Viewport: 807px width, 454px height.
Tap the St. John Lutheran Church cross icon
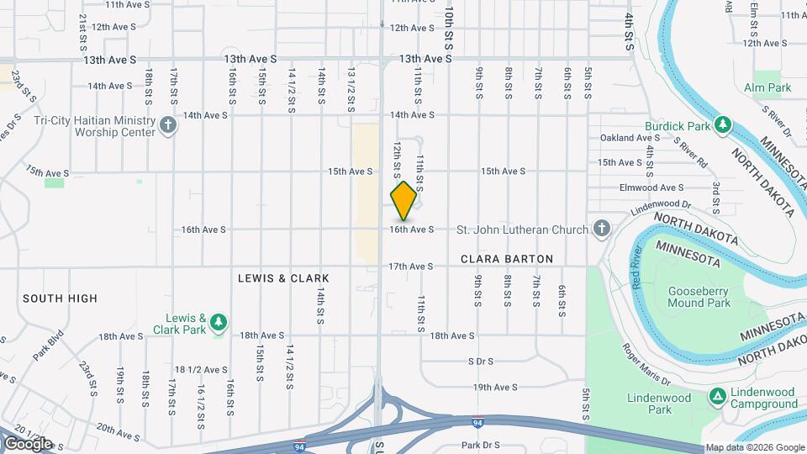point(601,229)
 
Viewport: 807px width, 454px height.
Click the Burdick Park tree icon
point(722,126)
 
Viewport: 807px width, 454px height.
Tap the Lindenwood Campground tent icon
point(717,396)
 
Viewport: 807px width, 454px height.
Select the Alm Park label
point(767,87)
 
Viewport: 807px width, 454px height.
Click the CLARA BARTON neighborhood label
point(507,259)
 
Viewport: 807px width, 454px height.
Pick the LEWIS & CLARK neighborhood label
point(283,278)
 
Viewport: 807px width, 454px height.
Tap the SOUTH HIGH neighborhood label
point(60,298)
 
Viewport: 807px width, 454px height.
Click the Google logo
point(28,443)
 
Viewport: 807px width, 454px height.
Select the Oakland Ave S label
point(627,138)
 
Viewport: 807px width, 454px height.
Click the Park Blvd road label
point(50,349)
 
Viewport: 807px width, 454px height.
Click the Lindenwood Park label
point(659,404)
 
